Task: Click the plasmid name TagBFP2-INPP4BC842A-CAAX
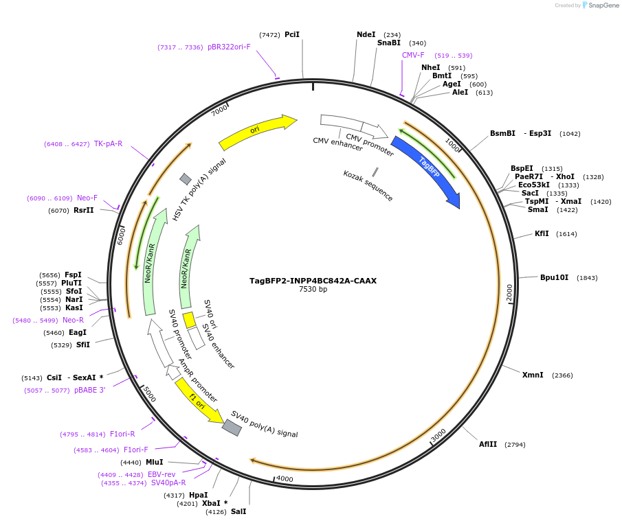click(x=313, y=281)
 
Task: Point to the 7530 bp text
click(x=313, y=290)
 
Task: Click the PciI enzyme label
click(x=292, y=34)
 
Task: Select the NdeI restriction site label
click(x=366, y=34)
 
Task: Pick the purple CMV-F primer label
click(x=413, y=55)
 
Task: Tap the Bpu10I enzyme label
click(x=554, y=277)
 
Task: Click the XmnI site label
click(x=533, y=375)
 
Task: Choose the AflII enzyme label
click(x=488, y=444)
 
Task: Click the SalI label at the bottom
click(x=238, y=511)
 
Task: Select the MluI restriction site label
click(x=155, y=462)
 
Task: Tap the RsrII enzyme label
click(x=84, y=210)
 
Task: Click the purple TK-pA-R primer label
click(x=108, y=143)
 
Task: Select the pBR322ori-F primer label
click(x=229, y=47)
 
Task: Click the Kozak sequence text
click(x=368, y=185)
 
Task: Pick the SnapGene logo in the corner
click(x=600, y=5)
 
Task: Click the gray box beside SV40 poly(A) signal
click(x=232, y=428)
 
